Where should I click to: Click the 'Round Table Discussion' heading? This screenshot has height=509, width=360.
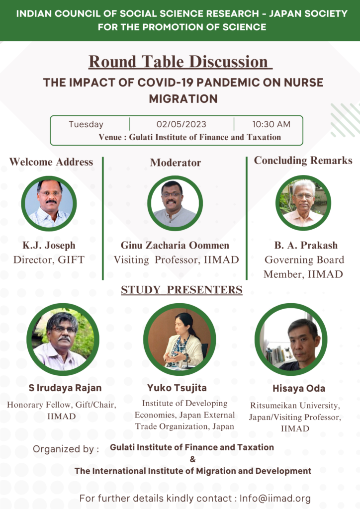180,62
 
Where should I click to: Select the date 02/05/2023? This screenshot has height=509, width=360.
181,124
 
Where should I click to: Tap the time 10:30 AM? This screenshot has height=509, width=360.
271,124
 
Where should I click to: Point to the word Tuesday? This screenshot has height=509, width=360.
86,124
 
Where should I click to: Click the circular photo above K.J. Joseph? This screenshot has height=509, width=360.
49,203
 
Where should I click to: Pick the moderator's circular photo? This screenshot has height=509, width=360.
176,203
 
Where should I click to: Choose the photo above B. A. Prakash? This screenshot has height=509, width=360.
303,203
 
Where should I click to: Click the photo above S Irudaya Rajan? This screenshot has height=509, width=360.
63,339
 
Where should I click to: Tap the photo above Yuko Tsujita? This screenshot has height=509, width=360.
180,339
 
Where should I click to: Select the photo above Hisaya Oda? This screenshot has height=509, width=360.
291,339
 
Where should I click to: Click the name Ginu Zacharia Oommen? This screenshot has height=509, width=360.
175,245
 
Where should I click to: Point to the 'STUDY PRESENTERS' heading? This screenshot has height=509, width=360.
182,290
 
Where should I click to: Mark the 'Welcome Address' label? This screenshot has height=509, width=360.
51,162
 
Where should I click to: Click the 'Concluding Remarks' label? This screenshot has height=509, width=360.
303,161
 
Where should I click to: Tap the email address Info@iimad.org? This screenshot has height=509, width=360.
275,498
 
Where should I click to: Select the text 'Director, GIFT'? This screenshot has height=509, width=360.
49,259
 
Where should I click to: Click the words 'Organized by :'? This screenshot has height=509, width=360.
66,449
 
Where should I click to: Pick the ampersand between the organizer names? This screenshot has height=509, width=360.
193,459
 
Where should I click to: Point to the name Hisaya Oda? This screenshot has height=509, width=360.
299,389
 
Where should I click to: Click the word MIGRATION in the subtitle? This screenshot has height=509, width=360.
183,99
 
